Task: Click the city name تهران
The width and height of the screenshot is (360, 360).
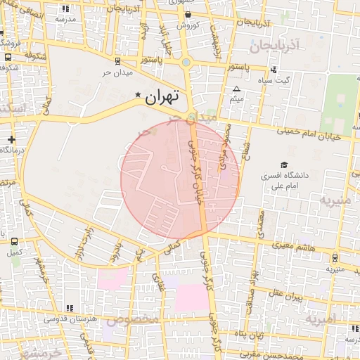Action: [162, 98]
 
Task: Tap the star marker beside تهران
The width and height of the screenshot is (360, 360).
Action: [138, 94]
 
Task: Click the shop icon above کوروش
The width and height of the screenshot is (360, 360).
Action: [188, 14]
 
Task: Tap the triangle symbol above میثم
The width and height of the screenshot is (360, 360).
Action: [237, 89]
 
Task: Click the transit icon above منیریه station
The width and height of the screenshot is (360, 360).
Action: [335, 257]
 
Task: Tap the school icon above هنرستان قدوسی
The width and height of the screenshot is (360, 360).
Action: [69, 307]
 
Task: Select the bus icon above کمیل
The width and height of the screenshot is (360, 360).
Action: [15, 240]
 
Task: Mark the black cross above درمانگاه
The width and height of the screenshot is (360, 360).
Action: [11, 140]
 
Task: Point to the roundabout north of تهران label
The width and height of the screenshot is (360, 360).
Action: [186, 63]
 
